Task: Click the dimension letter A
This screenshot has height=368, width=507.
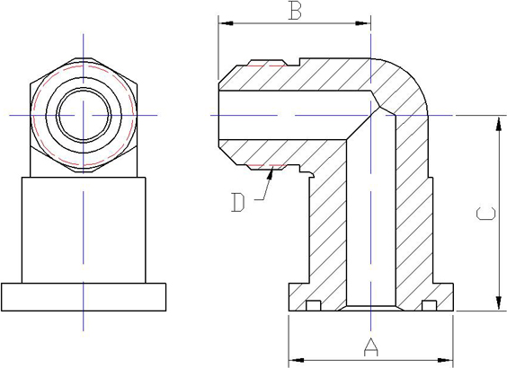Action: pyautogui.click(x=370, y=346)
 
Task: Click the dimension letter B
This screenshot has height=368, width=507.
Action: pyautogui.click(x=295, y=11)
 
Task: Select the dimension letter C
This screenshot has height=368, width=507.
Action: pyautogui.click(x=485, y=214)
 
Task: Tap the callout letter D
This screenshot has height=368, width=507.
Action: pyautogui.click(x=238, y=203)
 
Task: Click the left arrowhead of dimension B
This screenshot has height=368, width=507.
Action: pyautogui.click(x=226, y=23)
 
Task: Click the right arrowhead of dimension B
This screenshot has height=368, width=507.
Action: pyautogui.click(x=363, y=23)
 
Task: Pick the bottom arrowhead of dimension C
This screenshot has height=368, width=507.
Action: pyautogui.click(x=498, y=302)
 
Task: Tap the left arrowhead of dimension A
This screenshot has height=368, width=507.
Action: pyautogui.click(x=296, y=360)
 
